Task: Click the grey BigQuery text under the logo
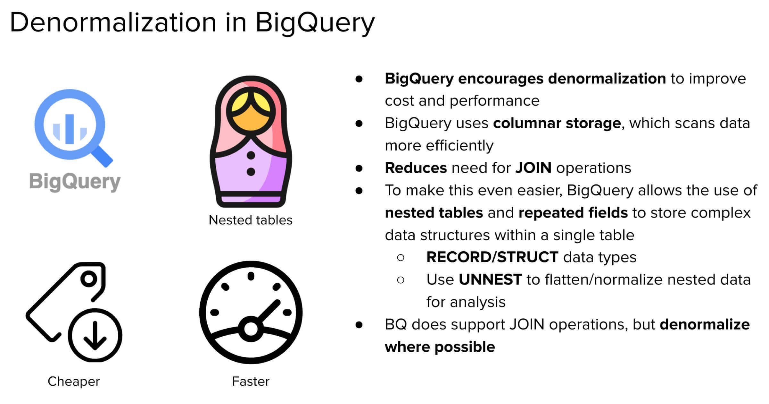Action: (x=75, y=182)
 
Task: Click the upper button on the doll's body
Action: (x=251, y=155)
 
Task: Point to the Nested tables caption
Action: (x=251, y=220)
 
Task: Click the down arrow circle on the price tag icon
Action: (x=95, y=336)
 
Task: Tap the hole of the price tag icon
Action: (x=89, y=279)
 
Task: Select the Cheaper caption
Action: (x=74, y=382)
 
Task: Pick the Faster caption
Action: (x=251, y=382)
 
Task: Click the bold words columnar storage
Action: (x=557, y=123)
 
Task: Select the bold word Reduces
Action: (x=416, y=168)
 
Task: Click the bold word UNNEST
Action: (x=490, y=279)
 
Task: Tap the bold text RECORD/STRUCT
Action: (x=492, y=257)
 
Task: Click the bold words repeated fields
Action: (x=573, y=213)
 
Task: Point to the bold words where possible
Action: (x=440, y=347)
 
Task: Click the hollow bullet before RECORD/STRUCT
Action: (x=401, y=257)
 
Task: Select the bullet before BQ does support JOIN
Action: (x=359, y=325)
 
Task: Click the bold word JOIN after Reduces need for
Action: (x=533, y=168)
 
